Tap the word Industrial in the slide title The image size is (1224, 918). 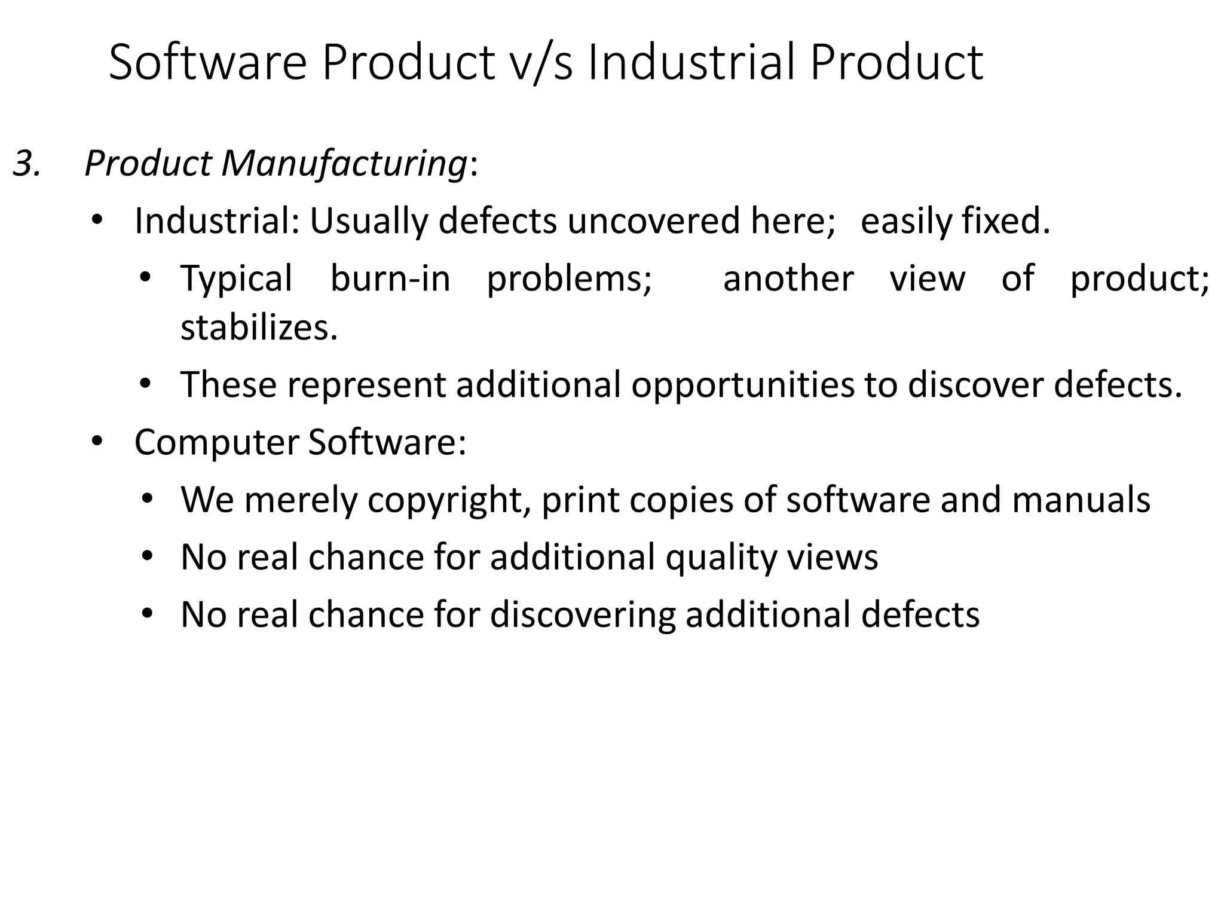pos(691,62)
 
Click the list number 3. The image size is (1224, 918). pos(26,163)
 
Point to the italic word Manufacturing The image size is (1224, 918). pos(344,163)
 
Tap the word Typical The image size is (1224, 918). pos(236,279)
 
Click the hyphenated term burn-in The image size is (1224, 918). pos(390,279)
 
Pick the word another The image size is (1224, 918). pos(788,279)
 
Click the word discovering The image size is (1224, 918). pos(583,615)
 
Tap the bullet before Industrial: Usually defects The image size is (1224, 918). pos(97,221)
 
